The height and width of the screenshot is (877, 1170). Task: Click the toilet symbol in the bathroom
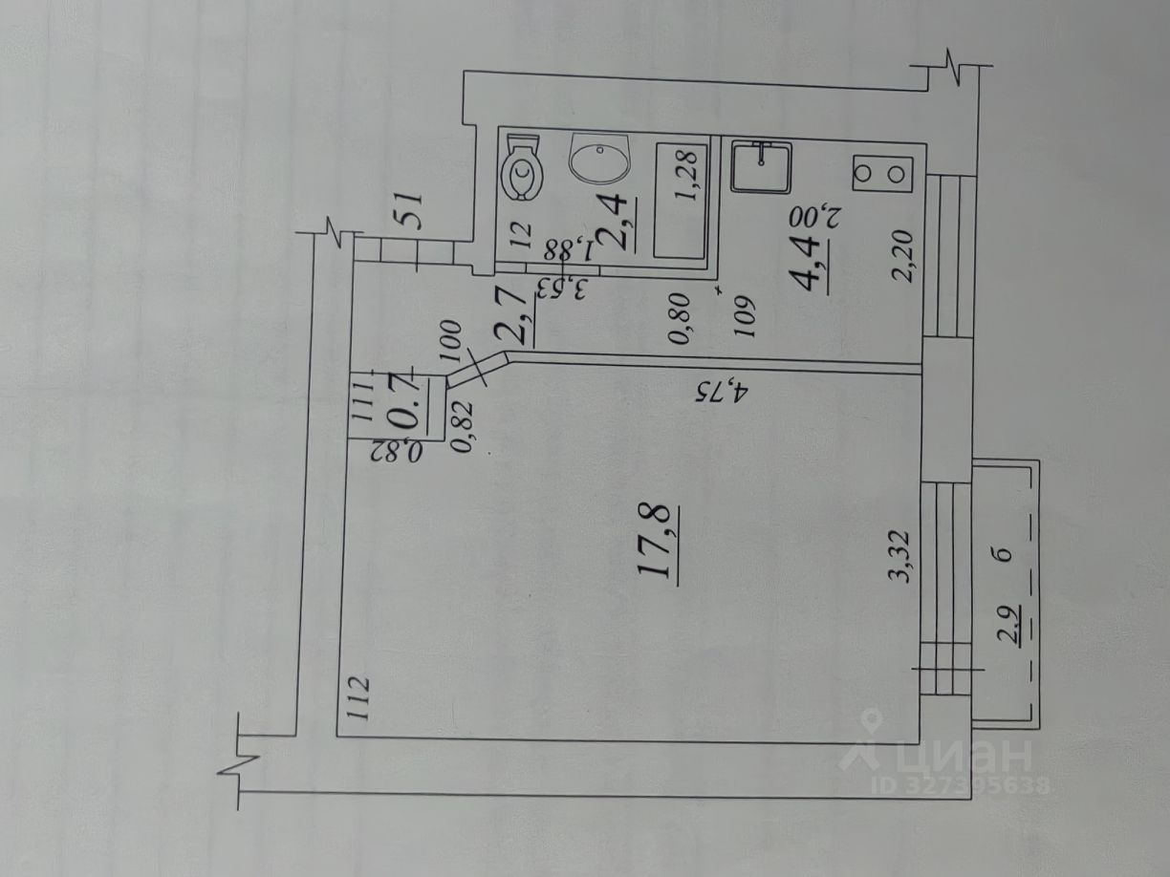tap(523, 168)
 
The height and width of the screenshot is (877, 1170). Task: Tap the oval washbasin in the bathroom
tap(600, 158)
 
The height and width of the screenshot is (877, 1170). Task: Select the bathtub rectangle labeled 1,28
tap(682, 198)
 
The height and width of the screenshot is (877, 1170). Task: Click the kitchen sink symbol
tap(761, 167)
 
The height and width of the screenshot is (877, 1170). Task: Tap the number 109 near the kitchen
tap(745, 320)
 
